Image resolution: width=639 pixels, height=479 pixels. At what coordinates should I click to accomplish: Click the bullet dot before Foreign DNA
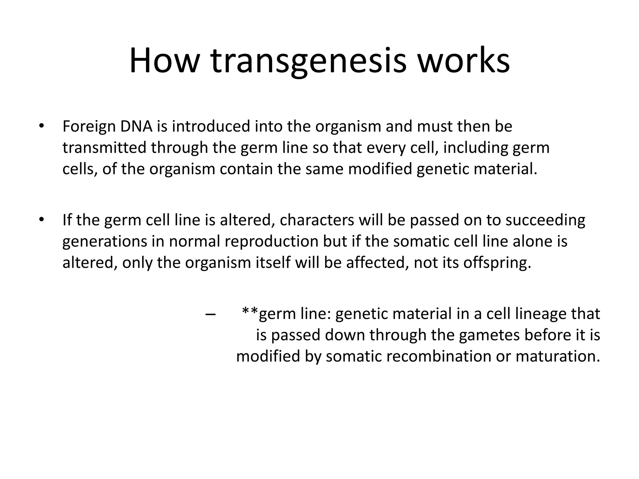pyautogui.click(x=41, y=126)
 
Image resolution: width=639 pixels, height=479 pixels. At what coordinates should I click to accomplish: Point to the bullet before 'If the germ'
pyautogui.click(x=41, y=220)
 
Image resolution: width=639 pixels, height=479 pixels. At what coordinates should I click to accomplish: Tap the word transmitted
pyautogui.click(x=104, y=148)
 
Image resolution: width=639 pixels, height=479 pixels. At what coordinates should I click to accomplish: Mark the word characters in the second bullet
pyautogui.click(x=317, y=220)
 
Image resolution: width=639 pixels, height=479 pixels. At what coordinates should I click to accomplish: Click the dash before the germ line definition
pyautogui.click(x=211, y=314)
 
